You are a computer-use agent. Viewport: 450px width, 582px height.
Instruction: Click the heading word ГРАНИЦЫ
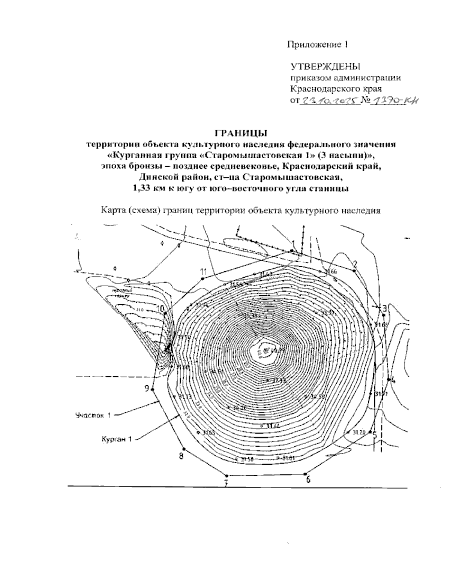tap(241, 133)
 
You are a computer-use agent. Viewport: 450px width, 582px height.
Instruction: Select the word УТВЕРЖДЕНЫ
tap(325, 67)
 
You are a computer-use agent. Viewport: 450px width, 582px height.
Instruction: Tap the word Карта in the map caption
tap(114, 210)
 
